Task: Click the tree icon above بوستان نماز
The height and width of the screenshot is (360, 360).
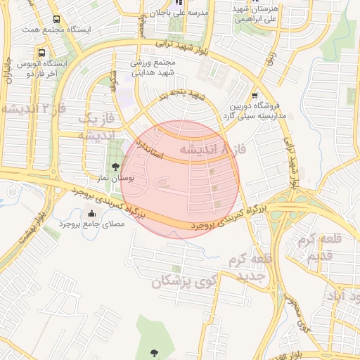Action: [x=115, y=167]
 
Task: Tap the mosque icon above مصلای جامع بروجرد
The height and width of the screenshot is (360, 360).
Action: [x=91, y=214]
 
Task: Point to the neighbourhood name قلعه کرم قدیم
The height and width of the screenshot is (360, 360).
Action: [x=319, y=249]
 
